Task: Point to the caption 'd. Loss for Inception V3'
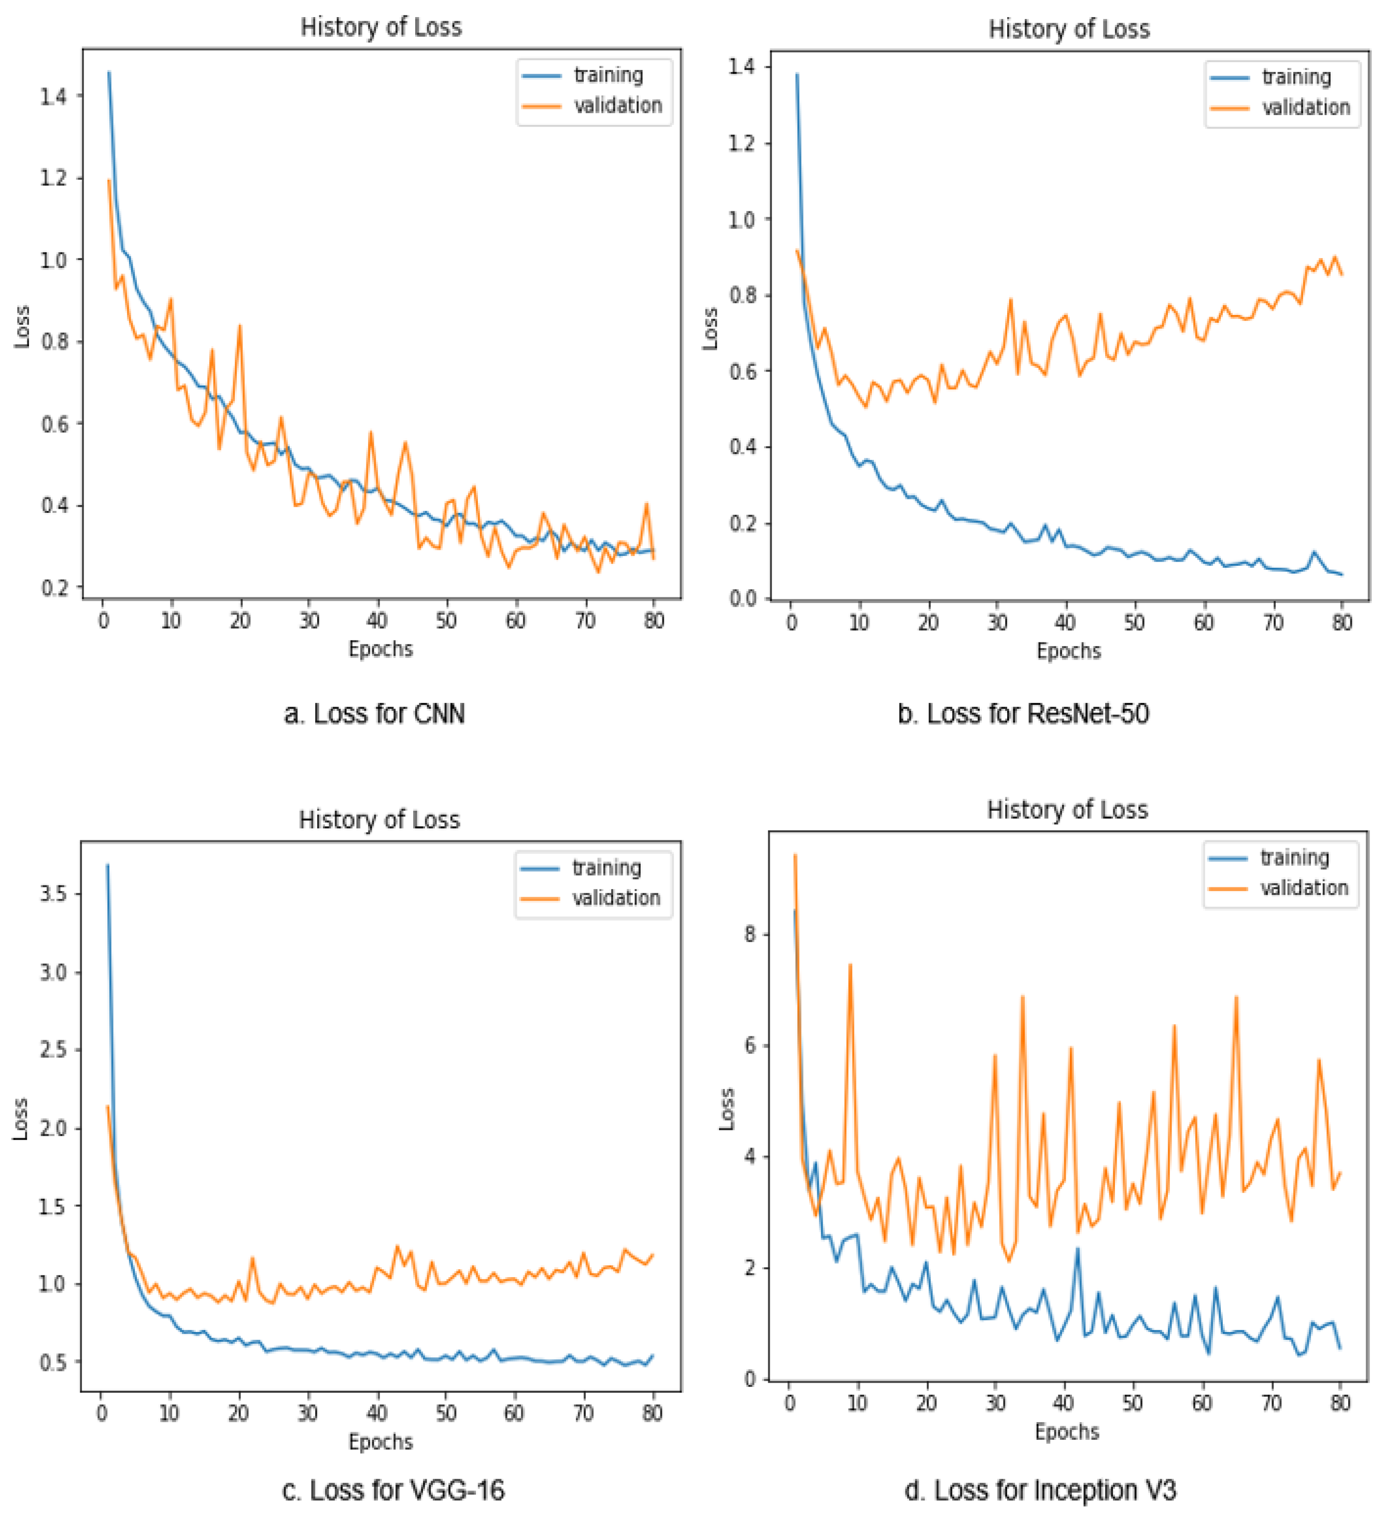1040,1490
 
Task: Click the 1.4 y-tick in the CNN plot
53,96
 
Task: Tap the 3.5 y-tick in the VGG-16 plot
51,894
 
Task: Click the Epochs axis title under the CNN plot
380,649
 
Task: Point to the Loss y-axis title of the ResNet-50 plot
710,328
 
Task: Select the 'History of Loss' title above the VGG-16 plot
379,819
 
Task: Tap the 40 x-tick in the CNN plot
377,621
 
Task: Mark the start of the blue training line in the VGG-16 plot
108,865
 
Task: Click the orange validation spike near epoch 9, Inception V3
850,965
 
